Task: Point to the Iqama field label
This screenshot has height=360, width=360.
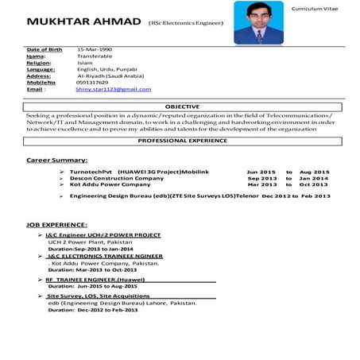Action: pos(36,56)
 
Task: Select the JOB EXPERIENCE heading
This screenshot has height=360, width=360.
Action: pos(56,225)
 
